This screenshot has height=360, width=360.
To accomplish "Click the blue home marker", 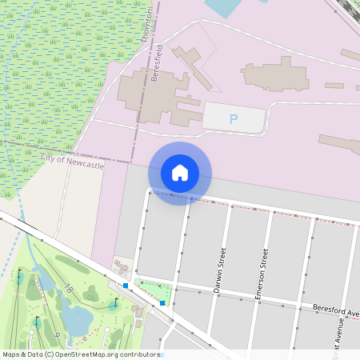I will pyautogui.click(x=180, y=173).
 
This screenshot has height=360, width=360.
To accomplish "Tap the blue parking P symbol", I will pyautogui.click(x=234, y=119).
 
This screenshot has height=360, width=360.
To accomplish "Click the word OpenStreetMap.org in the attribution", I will pyautogui.click(x=89, y=354).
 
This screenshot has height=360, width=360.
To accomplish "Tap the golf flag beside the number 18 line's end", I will pyautogui.click(x=114, y=302).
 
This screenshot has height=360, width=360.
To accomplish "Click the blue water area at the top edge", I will pyautogui.click(x=224, y=7).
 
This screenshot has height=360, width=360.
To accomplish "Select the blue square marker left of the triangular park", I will pyautogui.click(x=126, y=284).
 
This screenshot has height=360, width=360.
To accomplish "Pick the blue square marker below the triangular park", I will pyautogui.click(x=162, y=302).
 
